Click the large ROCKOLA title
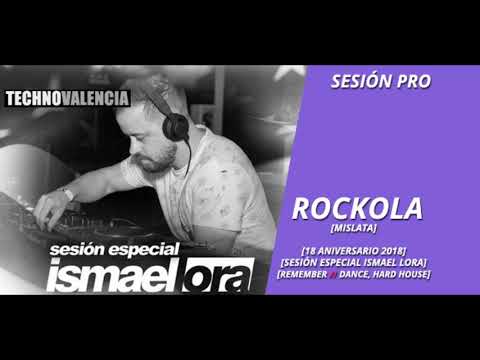357,208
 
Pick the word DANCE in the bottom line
361,274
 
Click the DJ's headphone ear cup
176,126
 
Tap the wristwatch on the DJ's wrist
68,194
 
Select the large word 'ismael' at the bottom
105,274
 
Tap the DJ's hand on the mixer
45,212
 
